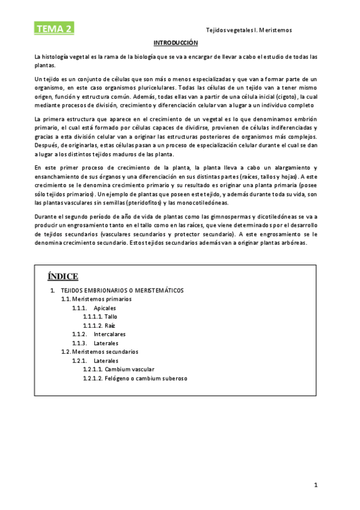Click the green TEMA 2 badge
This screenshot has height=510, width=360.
pos(53,28)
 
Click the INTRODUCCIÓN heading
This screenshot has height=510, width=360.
pos(175,43)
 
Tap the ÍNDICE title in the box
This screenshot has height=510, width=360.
pos(63,276)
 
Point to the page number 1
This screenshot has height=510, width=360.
pos(316,484)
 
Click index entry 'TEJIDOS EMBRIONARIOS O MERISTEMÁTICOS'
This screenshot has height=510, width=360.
pos(122,290)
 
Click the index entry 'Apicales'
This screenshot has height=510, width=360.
pos(105,308)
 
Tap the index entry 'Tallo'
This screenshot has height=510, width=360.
pos(111,316)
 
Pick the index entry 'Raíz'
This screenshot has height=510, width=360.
pos(109,325)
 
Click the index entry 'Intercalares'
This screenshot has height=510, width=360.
pos(109,334)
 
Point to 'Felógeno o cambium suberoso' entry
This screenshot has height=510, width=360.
pos(146,378)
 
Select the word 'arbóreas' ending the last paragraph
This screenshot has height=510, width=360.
pos(293,243)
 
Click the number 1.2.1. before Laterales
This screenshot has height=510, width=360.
pos(80,361)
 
